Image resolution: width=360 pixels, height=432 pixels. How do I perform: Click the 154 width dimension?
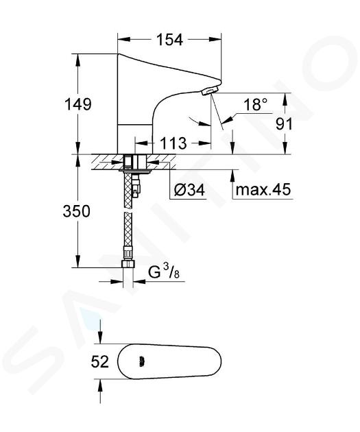[x=169, y=40]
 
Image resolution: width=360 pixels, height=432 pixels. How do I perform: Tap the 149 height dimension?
[x=77, y=104]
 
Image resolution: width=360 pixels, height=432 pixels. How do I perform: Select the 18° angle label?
[x=256, y=104]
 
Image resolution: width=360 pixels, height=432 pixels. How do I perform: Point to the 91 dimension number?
[x=284, y=124]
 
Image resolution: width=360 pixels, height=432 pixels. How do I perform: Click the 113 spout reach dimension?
[x=173, y=143]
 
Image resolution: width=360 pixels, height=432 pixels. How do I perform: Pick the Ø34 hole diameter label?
[x=190, y=190]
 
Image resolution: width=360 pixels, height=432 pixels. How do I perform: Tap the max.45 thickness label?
[x=263, y=189]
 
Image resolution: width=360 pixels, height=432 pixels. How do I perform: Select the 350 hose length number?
[x=77, y=211]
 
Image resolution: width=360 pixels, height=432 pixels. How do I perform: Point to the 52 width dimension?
[x=100, y=362]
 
